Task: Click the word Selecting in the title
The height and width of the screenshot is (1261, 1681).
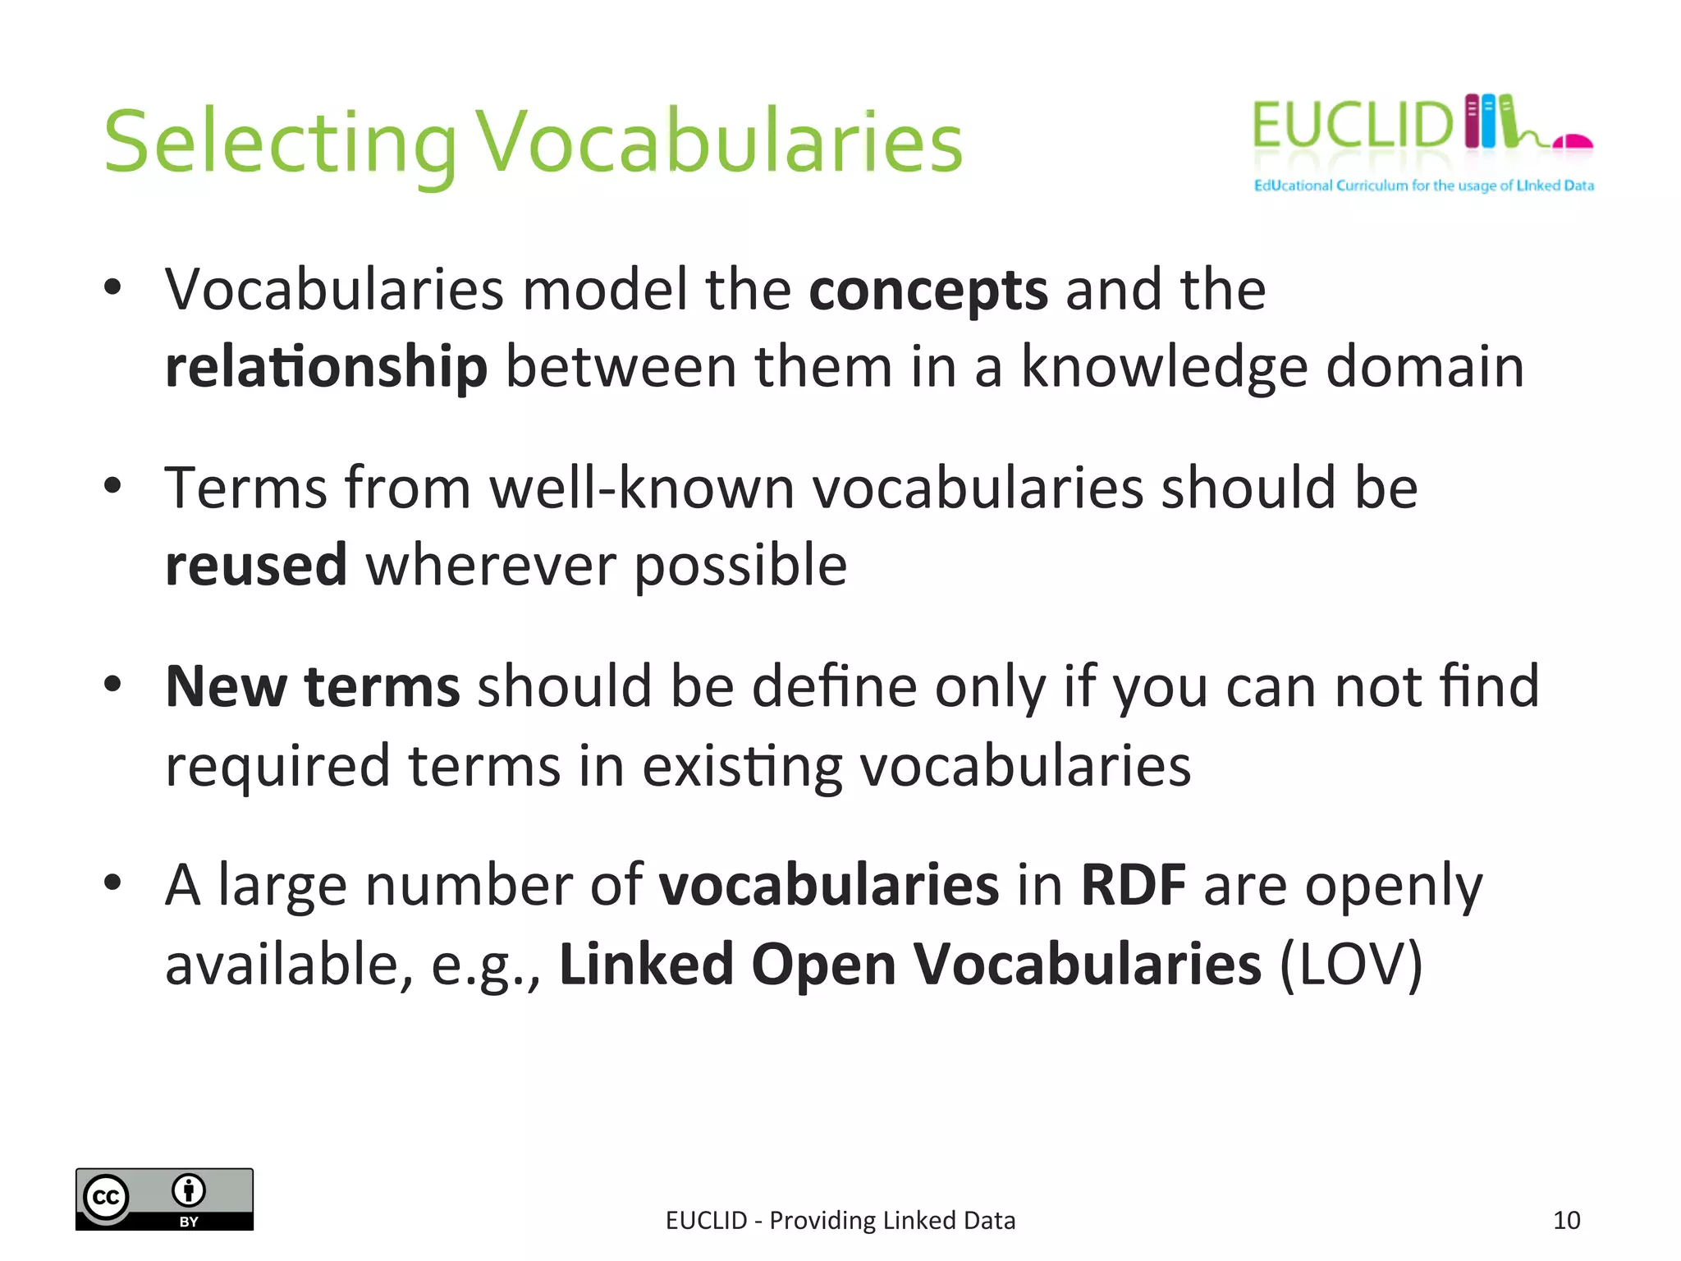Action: coord(279,144)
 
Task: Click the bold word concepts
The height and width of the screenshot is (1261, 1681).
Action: coord(928,291)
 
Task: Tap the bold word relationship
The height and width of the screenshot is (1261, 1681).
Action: coord(326,367)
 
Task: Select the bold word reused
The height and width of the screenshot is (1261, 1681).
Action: coord(256,566)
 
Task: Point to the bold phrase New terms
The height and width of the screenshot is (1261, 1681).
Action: coord(312,686)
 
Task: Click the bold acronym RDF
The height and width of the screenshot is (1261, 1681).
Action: coord(1133,886)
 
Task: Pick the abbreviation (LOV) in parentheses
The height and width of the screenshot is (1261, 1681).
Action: coord(1351,965)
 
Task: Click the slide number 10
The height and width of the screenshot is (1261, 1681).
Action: coord(1566,1221)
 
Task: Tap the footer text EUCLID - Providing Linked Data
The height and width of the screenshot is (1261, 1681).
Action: coord(840,1221)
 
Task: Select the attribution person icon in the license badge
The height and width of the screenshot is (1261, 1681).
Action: coord(189,1190)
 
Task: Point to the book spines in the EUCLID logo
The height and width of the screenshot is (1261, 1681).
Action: coord(1491,122)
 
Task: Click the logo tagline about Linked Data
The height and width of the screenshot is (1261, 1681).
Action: coord(1423,186)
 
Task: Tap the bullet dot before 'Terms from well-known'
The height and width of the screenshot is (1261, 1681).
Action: coord(112,486)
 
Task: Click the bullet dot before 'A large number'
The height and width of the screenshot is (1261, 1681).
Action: coord(112,883)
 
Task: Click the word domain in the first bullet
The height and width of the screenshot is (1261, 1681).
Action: coord(1425,367)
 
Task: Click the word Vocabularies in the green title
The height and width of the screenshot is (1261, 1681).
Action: coord(719,144)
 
